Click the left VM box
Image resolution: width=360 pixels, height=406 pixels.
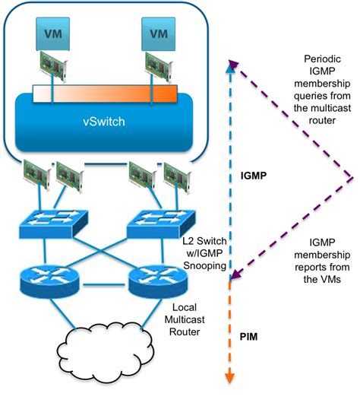point(52,33)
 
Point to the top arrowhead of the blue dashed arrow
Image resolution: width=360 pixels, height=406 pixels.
point(229,68)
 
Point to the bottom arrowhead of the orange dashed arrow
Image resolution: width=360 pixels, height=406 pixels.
point(229,377)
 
